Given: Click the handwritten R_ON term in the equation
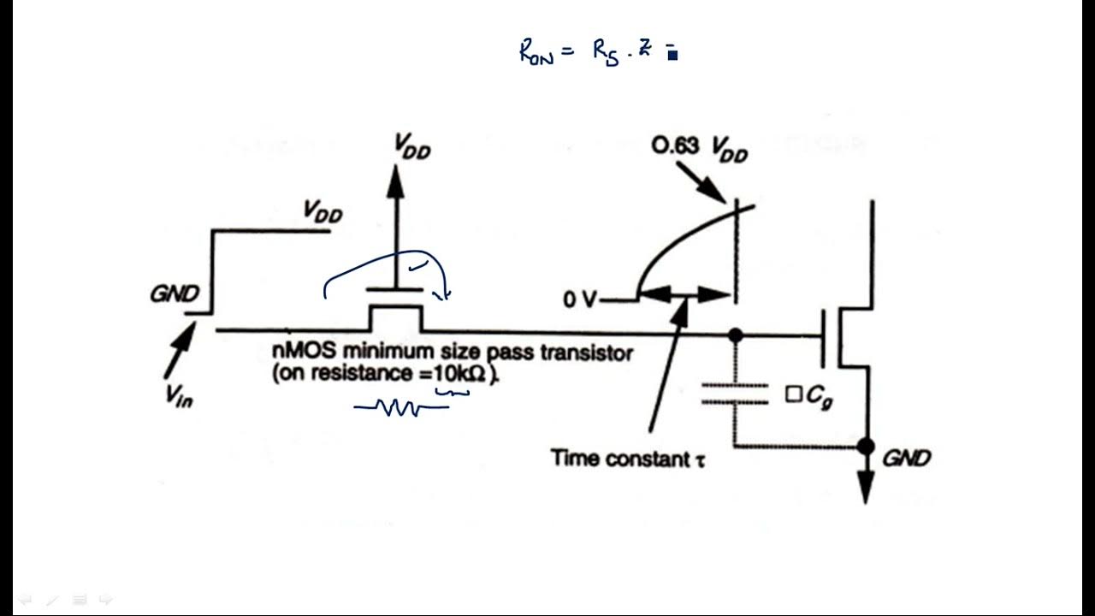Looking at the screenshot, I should [536, 53].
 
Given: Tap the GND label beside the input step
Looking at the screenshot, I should [175, 294].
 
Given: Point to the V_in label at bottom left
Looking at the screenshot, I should [179, 395].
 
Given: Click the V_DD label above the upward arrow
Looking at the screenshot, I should [412, 147].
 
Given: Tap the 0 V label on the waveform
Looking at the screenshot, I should [580, 300].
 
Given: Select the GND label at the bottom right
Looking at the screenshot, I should [906, 458].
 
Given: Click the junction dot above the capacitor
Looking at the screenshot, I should [735, 335].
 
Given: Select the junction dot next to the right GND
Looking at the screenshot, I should [866, 446].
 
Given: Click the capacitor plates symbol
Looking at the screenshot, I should [735, 394].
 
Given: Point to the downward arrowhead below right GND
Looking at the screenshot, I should [866, 489].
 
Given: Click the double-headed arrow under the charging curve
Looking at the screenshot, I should [684, 295].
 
